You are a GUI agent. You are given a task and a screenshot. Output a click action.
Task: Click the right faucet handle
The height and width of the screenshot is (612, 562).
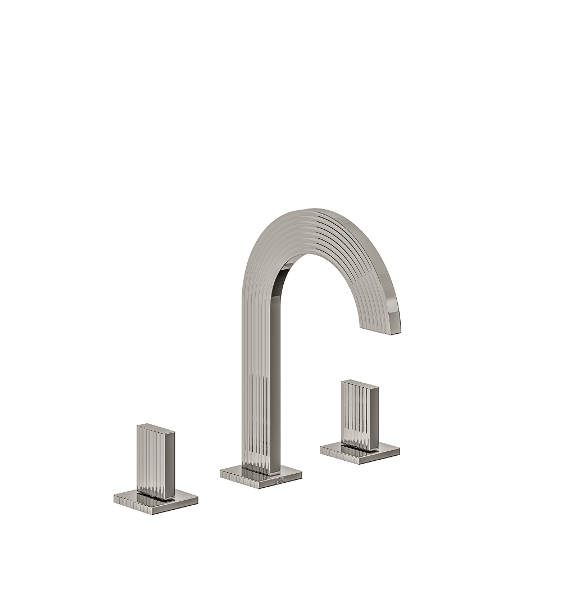click(x=360, y=415)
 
